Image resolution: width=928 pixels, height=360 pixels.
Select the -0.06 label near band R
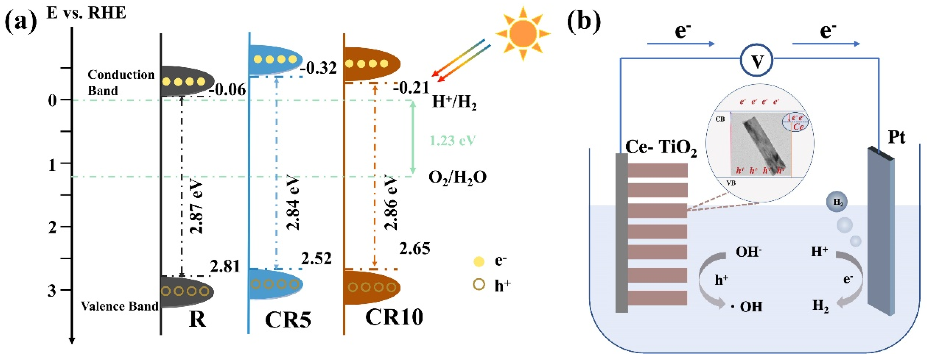point(228,90)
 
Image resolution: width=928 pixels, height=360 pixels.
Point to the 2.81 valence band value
point(225,266)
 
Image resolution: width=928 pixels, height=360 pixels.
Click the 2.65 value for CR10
point(414,249)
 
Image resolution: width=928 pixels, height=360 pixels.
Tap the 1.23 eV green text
point(453,140)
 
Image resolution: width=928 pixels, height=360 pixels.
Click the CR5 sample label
point(287,319)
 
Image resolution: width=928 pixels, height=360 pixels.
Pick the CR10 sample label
point(394,317)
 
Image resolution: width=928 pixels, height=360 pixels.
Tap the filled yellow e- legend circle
point(479,261)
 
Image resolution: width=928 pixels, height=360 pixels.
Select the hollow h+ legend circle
point(479,285)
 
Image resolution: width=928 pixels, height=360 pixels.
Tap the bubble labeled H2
point(837,202)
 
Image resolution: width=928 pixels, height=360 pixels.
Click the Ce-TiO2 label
point(660,147)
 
